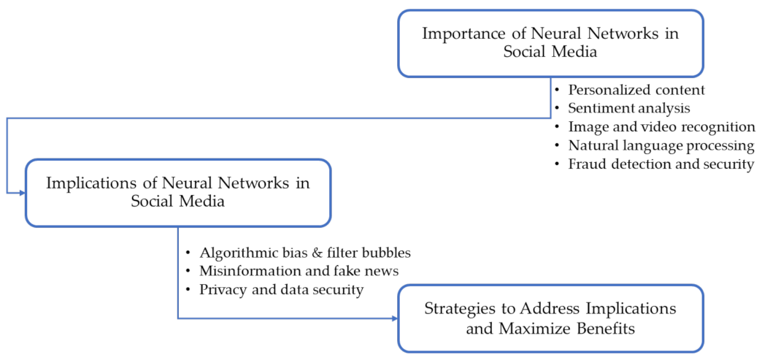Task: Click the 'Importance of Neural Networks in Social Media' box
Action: (x=550, y=43)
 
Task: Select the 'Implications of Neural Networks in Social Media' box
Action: (x=177, y=193)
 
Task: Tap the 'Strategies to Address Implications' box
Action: (x=550, y=318)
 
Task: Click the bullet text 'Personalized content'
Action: (x=636, y=91)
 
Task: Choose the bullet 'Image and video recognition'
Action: (x=661, y=127)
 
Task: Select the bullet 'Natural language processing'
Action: (x=661, y=145)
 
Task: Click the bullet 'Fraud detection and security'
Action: (x=661, y=164)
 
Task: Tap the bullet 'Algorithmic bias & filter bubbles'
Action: (x=305, y=253)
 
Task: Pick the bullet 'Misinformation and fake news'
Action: (x=299, y=272)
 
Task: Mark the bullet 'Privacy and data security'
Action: (x=281, y=290)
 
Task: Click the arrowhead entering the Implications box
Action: (x=21, y=193)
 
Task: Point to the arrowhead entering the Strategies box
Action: (x=393, y=318)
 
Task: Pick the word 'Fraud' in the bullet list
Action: (x=587, y=164)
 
